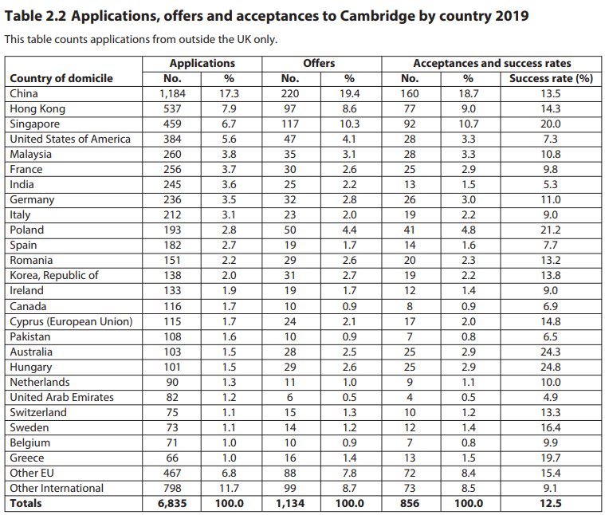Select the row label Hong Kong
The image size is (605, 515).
(37, 108)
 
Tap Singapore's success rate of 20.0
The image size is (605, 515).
(551, 124)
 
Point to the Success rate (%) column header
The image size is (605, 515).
(551, 78)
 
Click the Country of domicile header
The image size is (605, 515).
(61, 78)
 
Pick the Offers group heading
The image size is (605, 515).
(319, 63)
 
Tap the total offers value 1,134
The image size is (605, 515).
(289, 503)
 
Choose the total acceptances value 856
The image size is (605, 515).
(410, 503)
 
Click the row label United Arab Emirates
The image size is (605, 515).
(61, 397)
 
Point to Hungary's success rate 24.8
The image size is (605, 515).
(551, 367)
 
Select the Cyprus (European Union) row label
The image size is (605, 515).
(71, 321)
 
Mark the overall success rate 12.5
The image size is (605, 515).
(551, 503)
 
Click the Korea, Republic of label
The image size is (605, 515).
(54, 275)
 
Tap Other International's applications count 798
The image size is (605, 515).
(171, 488)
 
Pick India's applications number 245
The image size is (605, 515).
(171, 184)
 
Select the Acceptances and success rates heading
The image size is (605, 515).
(492, 63)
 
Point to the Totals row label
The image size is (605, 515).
(26, 503)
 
